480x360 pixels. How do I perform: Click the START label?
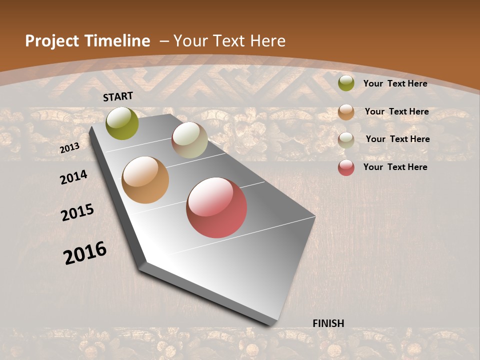coord(118,96)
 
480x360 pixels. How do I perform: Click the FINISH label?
coord(328,323)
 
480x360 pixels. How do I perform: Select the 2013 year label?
coord(69,148)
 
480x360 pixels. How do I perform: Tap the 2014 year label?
coord(74,177)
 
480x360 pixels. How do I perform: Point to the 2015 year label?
coord(77,212)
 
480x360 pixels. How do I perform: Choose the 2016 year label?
coord(85,253)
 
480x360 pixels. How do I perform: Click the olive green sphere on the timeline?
coord(122,123)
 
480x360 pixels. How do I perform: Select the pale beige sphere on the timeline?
coord(189,140)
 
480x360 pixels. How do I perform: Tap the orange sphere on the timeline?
coord(145,180)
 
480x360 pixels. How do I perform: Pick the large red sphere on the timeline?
coord(216,207)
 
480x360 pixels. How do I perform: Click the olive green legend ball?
coord(346,83)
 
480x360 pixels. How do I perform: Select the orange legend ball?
coord(346,112)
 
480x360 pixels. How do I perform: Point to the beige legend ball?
coord(346,140)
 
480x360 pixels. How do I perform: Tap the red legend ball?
coord(346,167)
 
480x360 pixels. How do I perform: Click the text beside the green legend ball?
coord(395,83)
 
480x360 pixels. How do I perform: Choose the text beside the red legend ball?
coord(395,167)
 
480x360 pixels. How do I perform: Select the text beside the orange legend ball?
coord(396,111)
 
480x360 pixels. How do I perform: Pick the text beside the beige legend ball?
coord(397,139)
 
